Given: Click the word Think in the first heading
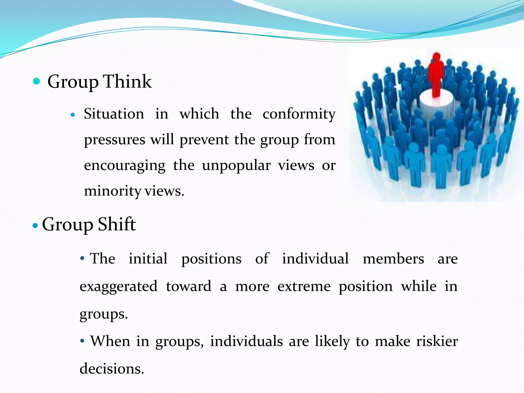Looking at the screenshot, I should pos(127,82).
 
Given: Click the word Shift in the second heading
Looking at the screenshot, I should pos(117,224).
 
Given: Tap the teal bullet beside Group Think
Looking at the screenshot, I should pos(37,82).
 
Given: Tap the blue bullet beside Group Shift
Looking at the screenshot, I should pos(35,226).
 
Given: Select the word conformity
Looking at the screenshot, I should pos(299,114).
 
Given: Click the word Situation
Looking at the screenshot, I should pos(114,114).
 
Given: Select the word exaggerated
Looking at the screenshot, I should pos(118,287).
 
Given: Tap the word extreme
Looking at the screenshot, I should pos(304,287).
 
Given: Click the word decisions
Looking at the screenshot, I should pos(112,369).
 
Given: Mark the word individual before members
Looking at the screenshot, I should pos(315,259).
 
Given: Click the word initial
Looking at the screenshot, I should pos(148,259).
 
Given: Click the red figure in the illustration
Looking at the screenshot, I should pos(436,74).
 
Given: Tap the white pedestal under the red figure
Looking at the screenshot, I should pos(436,102).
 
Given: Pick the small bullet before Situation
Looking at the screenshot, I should pos(73,115).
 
